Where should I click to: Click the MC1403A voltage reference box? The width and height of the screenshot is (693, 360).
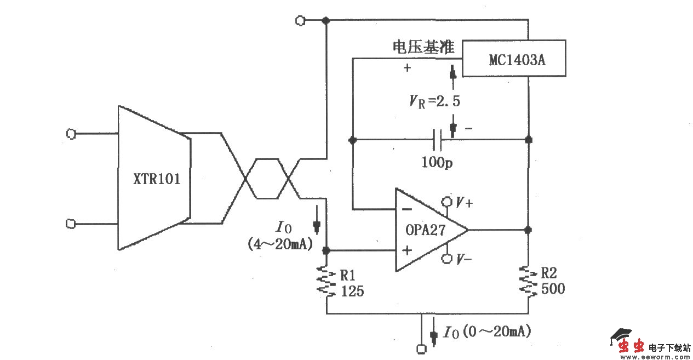513,59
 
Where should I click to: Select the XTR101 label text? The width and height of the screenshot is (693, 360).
157,179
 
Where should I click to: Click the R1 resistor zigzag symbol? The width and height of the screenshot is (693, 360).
327,282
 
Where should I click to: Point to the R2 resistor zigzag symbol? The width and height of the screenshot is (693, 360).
529,282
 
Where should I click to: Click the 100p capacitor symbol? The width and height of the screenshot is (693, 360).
437,140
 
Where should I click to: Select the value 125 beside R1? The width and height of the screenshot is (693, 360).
352,292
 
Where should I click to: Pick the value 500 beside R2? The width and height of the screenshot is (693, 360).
553,289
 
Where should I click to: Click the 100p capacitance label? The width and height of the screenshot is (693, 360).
437,162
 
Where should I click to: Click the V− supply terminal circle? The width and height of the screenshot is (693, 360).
447,259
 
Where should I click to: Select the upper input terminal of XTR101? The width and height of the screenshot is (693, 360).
70,133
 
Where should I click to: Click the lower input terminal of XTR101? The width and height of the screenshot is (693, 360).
70,224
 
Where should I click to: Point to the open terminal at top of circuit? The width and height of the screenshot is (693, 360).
300,20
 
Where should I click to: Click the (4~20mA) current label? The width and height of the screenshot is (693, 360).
280,245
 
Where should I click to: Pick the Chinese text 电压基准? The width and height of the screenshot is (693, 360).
423,48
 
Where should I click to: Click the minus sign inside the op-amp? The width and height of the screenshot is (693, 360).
406,209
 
